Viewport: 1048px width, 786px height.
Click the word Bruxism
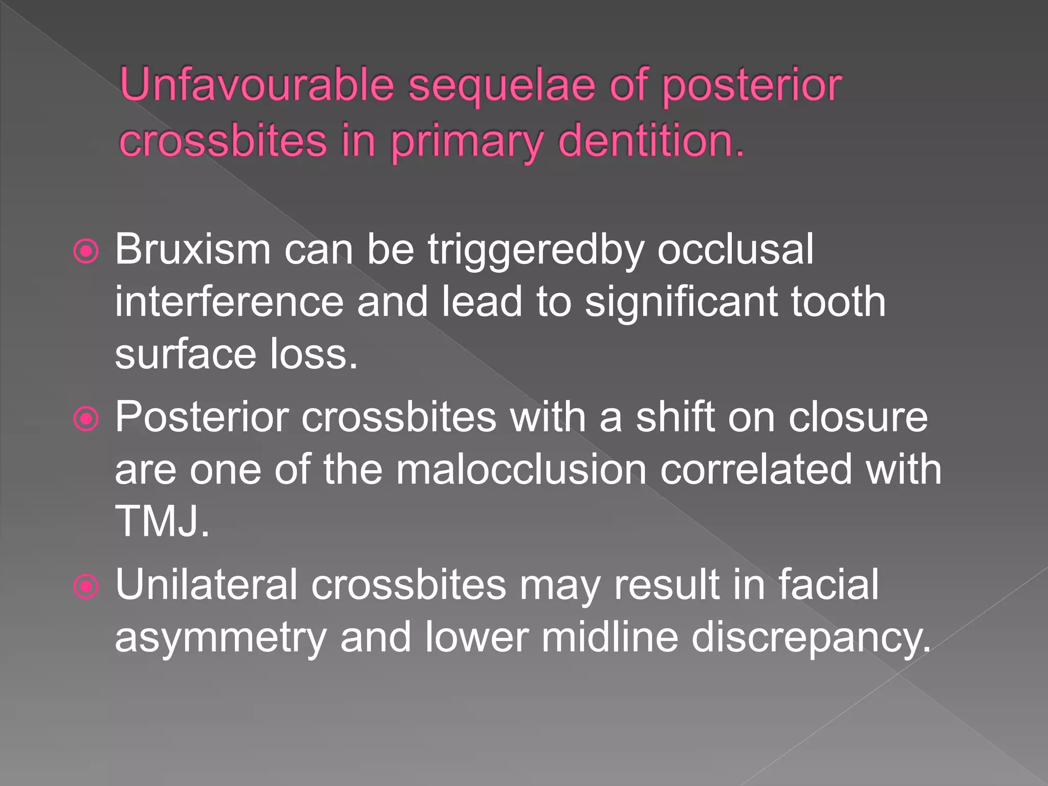point(192,250)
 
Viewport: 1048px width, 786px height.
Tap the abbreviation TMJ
point(162,521)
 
